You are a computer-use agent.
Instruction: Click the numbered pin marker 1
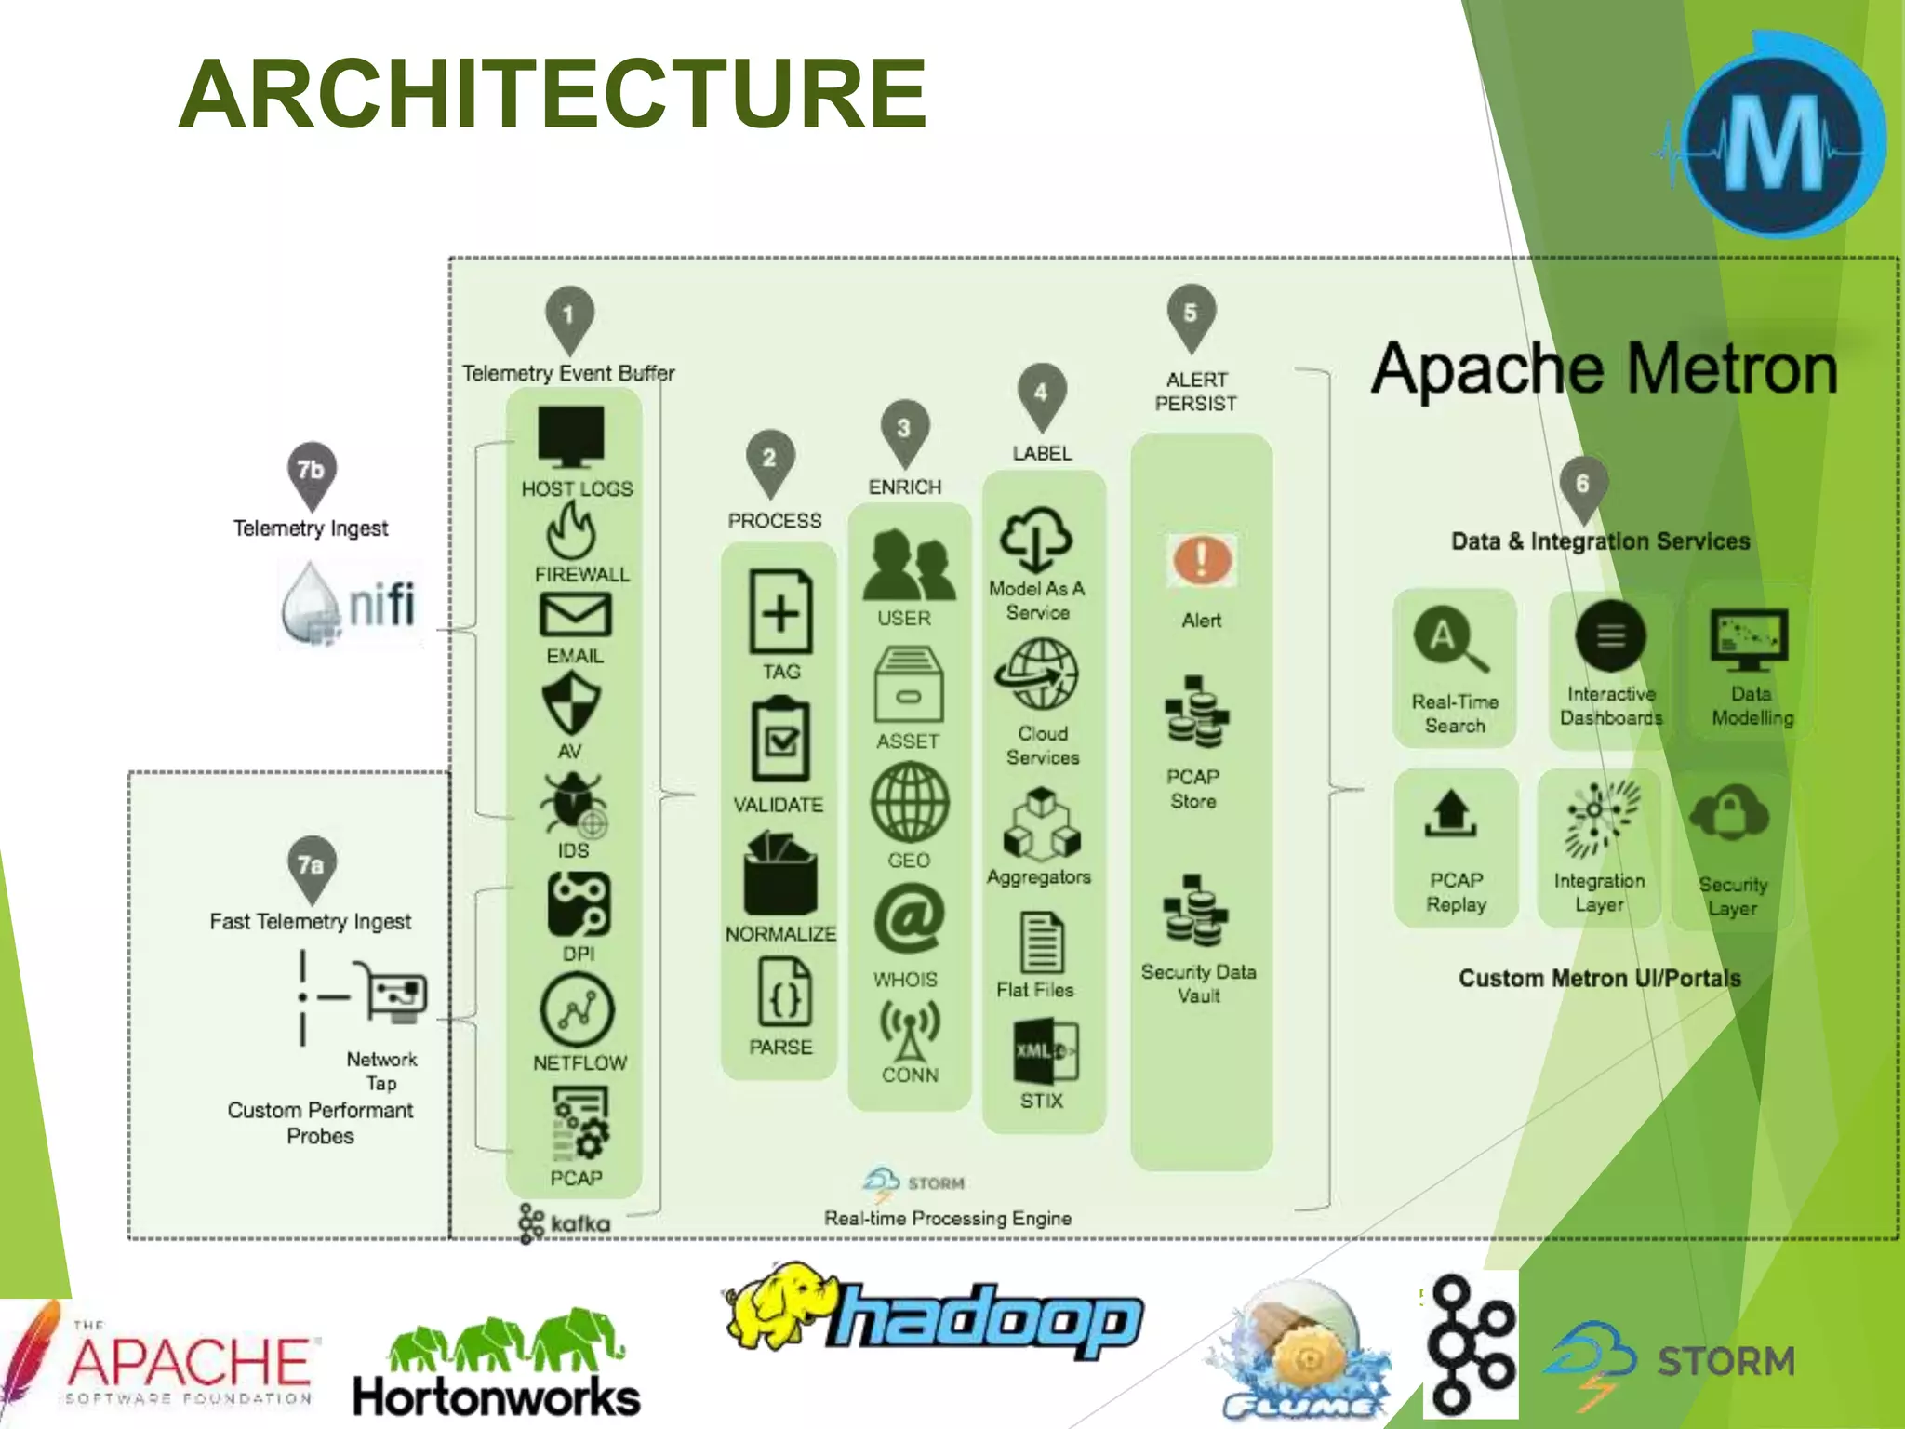tap(568, 316)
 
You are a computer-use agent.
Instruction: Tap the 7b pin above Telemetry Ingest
tap(312, 472)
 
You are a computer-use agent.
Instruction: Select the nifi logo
tap(350, 604)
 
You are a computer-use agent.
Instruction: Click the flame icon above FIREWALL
tap(570, 530)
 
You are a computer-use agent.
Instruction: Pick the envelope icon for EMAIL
tap(575, 615)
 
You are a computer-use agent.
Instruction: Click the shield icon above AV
tap(571, 703)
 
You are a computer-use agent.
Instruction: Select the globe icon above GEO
tap(909, 802)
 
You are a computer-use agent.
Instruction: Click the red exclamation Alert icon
tap(1201, 559)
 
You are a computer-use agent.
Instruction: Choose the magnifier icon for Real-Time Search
tap(1449, 639)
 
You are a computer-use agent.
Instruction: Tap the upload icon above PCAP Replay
tap(1451, 813)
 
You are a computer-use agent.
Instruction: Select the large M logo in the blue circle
tap(1775, 144)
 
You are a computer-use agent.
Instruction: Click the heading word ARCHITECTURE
tap(553, 94)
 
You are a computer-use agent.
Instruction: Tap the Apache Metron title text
tap(1604, 369)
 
